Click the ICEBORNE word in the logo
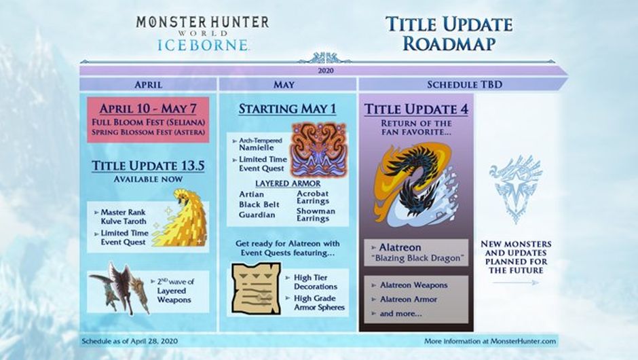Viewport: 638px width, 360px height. coord(203,45)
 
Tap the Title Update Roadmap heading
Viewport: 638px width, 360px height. coord(449,34)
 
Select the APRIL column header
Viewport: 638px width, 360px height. coord(148,85)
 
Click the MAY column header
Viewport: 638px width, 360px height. coord(284,85)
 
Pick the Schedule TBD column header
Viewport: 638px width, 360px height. coord(464,85)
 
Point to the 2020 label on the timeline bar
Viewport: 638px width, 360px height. coord(326,71)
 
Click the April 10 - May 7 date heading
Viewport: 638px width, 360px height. coord(148,109)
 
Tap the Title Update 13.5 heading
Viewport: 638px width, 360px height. coord(148,166)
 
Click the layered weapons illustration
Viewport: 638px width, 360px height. coord(119,288)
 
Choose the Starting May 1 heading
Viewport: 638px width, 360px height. coord(287,109)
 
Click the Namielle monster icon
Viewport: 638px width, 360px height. coord(318,150)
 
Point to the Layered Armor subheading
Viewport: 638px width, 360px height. coord(288,183)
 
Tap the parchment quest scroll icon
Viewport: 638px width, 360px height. coord(257,289)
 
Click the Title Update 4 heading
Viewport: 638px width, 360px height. coord(416,109)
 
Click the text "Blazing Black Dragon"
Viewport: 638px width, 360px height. coord(417,258)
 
